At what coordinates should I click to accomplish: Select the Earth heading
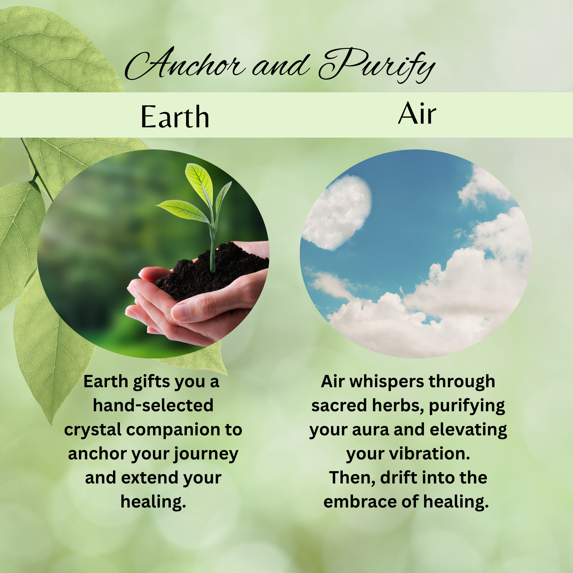(x=175, y=117)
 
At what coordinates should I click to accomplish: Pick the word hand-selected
(x=153, y=405)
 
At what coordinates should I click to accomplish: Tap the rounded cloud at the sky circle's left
(x=337, y=212)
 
